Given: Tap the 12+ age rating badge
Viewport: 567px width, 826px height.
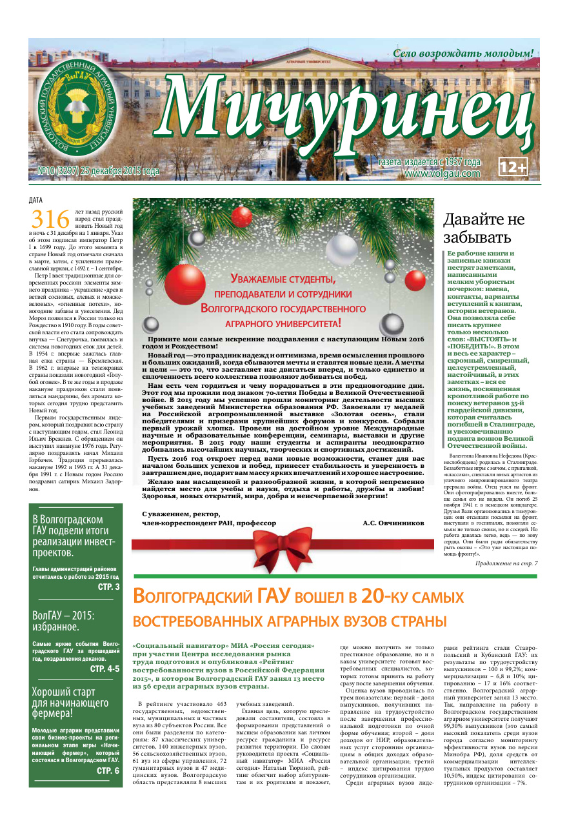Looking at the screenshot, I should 513,166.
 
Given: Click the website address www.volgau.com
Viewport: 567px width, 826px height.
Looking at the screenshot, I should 443,173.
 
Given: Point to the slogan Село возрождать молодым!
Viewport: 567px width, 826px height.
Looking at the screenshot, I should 463,54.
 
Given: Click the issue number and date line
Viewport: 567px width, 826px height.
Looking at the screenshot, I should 94,172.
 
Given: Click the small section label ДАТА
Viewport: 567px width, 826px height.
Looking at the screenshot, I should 37,199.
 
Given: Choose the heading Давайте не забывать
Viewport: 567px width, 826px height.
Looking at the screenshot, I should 484,228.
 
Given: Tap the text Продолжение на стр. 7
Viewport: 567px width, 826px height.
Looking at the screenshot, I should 506,563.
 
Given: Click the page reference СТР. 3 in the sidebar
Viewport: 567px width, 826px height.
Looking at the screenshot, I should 108,587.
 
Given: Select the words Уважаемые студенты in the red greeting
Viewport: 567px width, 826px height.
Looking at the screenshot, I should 283,280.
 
